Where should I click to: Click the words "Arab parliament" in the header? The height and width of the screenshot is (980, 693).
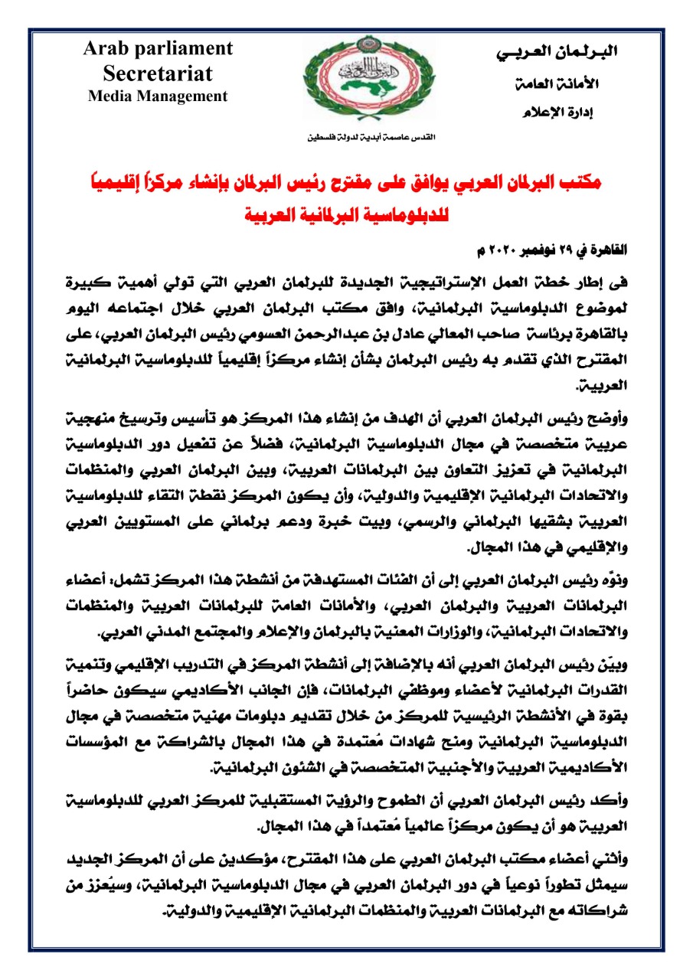pos(159,48)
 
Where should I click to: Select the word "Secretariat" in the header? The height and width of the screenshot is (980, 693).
pos(159,73)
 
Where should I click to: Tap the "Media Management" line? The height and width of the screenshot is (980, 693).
pos(159,96)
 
